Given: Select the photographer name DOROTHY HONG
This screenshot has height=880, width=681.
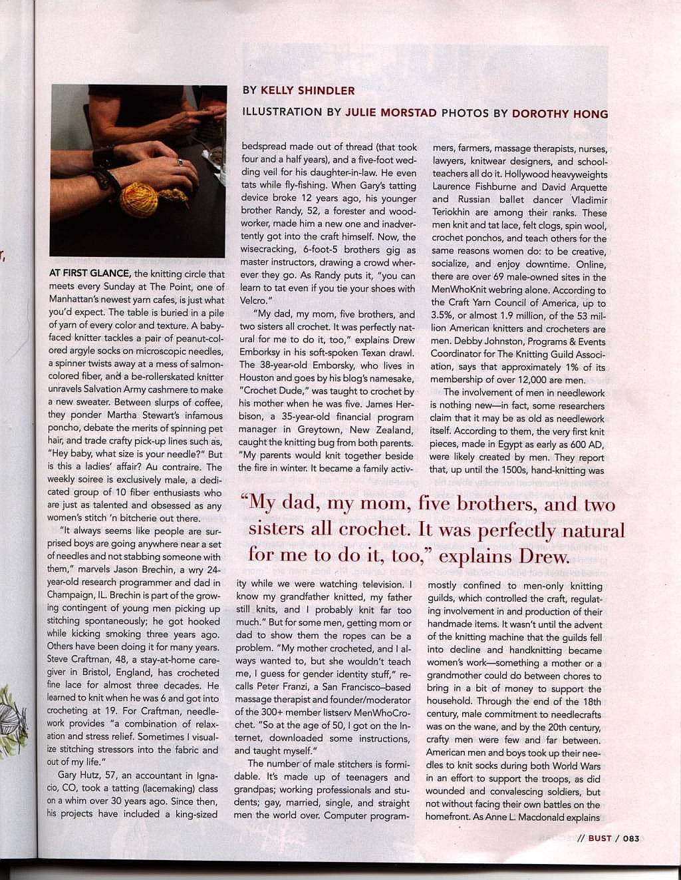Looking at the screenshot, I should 560,114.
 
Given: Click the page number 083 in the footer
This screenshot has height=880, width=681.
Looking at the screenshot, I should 630,838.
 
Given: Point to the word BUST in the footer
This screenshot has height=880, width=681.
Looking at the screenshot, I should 600,838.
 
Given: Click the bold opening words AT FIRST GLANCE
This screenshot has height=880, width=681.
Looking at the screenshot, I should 90,274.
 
